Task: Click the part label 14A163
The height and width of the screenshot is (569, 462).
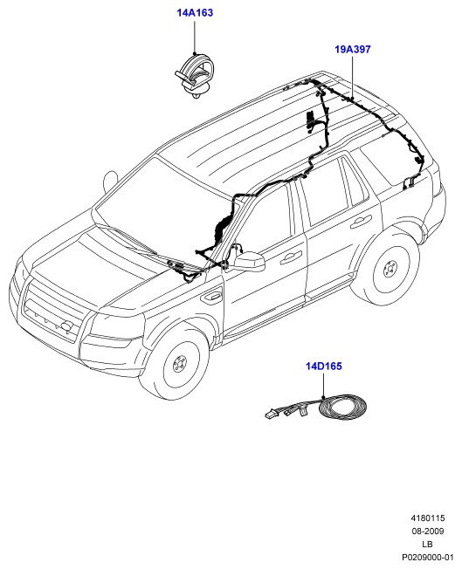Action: pyautogui.click(x=195, y=13)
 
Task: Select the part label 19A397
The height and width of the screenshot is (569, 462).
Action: pyautogui.click(x=353, y=50)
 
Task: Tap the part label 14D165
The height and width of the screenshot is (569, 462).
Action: pyautogui.click(x=324, y=366)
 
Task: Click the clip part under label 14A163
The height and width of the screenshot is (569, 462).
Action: pyautogui.click(x=194, y=75)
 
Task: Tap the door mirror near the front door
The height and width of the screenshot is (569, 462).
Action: pyautogui.click(x=250, y=262)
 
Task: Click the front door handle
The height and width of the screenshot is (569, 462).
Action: pyautogui.click(x=291, y=257)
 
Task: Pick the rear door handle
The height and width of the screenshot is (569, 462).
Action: pyautogui.click(x=361, y=221)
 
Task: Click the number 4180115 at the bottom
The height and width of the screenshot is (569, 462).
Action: pyautogui.click(x=427, y=518)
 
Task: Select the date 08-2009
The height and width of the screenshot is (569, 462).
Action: pyautogui.click(x=427, y=531)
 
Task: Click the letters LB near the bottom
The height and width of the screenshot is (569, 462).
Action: pyautogui.click(x=427, y=545)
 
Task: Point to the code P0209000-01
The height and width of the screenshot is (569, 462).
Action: pyautogui.click(x=427, y=558)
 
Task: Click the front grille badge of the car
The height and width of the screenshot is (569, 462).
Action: pyautogui.click(x=66, y=326)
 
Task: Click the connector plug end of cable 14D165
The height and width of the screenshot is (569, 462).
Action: pyautogui.click(x=270, y=415)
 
